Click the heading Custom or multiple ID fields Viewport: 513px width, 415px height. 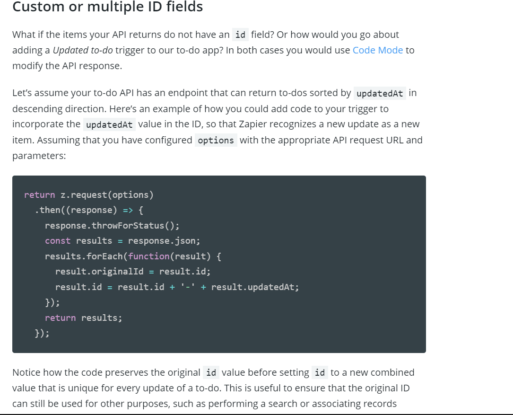[108, 7]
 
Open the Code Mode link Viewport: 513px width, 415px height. [378, 50]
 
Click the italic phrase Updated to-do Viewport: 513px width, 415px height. [83, 50]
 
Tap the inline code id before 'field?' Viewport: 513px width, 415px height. [241, 35]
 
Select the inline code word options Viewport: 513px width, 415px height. [216, 141]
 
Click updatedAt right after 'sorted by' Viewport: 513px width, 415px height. [380, 93]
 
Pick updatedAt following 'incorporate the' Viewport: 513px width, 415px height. [109, 125]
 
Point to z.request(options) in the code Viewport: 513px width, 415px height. [107, 195]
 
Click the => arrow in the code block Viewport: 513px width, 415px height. [128, 210]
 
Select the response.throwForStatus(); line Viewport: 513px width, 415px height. [112, 226]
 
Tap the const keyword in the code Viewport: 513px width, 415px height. [58, 241]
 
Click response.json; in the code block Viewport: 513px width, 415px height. [164, 241]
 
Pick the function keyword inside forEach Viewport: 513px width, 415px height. [149, 256]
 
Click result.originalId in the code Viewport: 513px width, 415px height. [99, 272]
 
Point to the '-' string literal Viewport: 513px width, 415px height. [188, 287]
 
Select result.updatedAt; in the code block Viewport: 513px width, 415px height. [255, 287]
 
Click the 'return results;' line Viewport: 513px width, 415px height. [83, 318]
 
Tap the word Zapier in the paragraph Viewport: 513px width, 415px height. [253, 124]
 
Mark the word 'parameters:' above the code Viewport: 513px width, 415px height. [39, 156]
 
